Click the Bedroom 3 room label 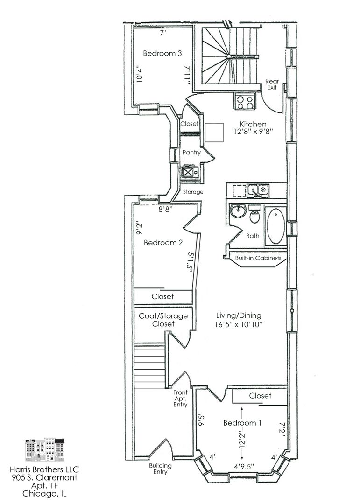(x=162, y=53)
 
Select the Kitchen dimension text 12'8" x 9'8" (x=253, y=131)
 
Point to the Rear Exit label (x=272, y=84)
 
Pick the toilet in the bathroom (x=255, y=214)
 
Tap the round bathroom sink (x=238, y=211)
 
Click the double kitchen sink (x=258, y=190)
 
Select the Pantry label (x=191, y=152)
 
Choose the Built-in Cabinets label (x=258, y=258)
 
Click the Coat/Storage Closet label (x=163, y=320)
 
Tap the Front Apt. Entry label (x=180, y=398)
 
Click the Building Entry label (x=160, y=469)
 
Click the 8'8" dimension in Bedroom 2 (x=166, y=209)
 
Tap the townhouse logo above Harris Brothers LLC (x=45, y=450)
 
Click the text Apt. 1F (x=44, y=485)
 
